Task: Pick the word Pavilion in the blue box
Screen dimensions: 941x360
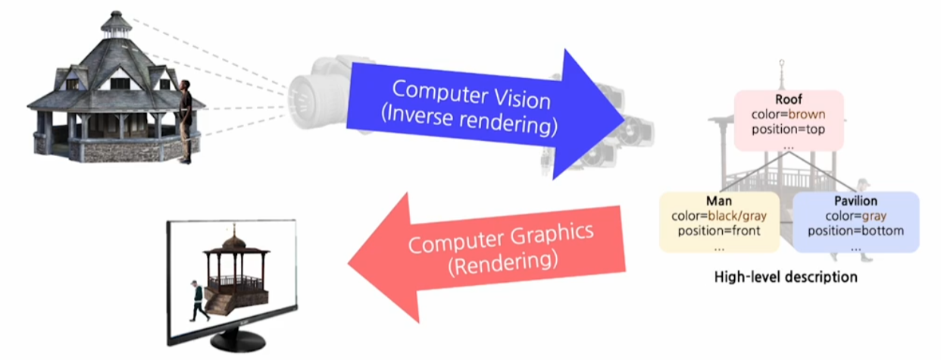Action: coord(855,201)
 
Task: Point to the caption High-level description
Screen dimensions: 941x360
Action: coord(786,277)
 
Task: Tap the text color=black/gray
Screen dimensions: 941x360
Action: coord(719,216)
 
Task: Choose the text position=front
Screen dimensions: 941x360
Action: coord(719,230)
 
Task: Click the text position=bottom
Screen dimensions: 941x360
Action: coord(855,230)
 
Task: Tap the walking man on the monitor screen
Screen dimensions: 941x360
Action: coord(198,300)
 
